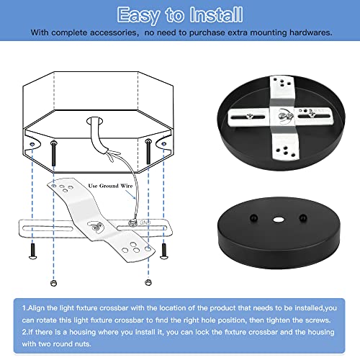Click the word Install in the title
tap(213, 14)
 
